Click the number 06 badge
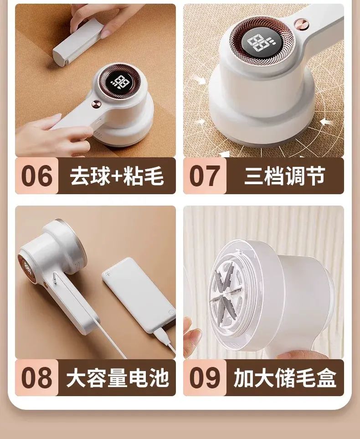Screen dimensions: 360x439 click(x=36, y=176)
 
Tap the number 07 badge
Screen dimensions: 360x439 click(x=205, y=176)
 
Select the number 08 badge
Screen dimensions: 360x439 click(x=36, y=377)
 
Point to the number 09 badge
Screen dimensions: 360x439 click(x=205, y=377)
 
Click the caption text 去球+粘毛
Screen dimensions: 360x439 click(x=117, y=176)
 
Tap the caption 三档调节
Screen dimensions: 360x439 click(x=285, y=176)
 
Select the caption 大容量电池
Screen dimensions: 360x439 click(x=118, y=377)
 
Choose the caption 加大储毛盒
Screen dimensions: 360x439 click(x=285, y=377)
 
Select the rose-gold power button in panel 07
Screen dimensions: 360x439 click(x=302, y=24)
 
